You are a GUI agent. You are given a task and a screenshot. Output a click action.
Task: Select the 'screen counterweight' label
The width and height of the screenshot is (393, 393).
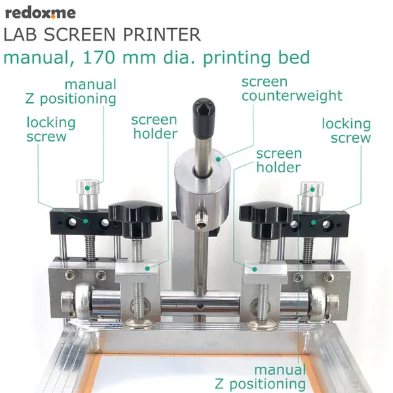pyautogui.click(x=291, y=89)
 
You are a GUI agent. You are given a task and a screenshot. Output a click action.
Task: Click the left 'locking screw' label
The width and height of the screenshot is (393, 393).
pyautogui.click(x=50, y=130)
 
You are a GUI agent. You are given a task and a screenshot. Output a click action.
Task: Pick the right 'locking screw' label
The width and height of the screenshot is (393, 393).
pyautogui.click(x=346, y=131)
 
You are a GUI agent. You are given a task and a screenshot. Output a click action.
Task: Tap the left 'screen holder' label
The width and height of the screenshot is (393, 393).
pyautogui.click(x=154, y=127)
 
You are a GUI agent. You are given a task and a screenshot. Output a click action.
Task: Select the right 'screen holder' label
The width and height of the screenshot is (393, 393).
pyautogui.click(x=279, y=160)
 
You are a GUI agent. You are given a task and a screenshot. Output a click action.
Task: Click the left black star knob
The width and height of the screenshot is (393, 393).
pyautogui.click(x=134, y=214)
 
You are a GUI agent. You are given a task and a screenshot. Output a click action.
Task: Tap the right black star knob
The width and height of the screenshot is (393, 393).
pyautogui.click(x=265, y=214)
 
